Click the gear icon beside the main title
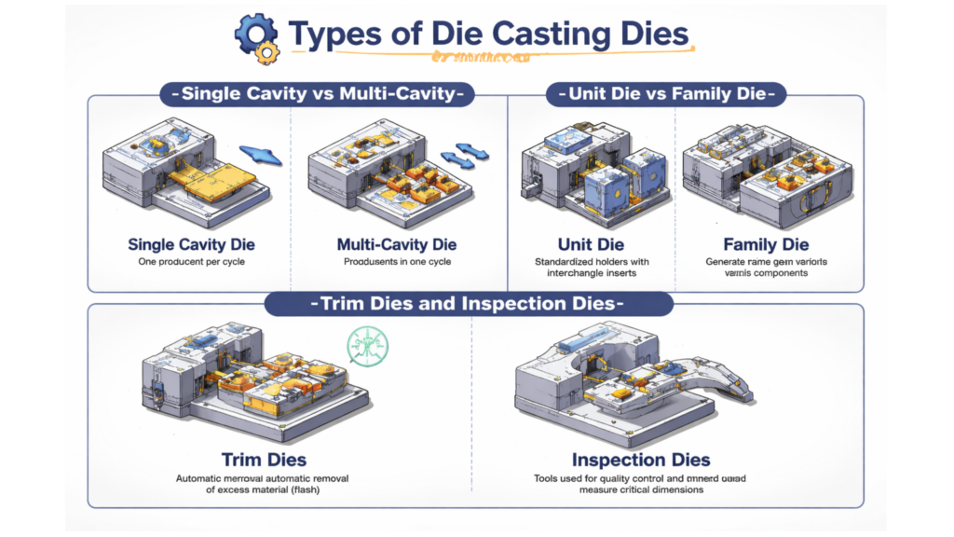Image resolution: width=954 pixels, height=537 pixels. (x=255, y=36)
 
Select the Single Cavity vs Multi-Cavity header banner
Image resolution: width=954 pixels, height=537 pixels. (x=316, y=93)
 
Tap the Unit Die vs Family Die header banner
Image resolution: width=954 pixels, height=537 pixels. (x=665, y=93)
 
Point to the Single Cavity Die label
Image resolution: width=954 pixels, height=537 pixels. (x=192, y=245)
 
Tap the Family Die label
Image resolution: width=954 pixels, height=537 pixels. (x=765, y=245)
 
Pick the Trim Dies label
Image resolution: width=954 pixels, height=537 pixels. (x=265, y=460)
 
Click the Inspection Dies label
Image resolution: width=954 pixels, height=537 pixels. (x=641, y=460)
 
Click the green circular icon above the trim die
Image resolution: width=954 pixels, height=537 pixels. (x=365, y=345)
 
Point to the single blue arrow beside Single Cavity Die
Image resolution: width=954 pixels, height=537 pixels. (x=260, y=154)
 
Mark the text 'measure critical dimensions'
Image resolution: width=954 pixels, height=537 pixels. (x=641, y=489)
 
